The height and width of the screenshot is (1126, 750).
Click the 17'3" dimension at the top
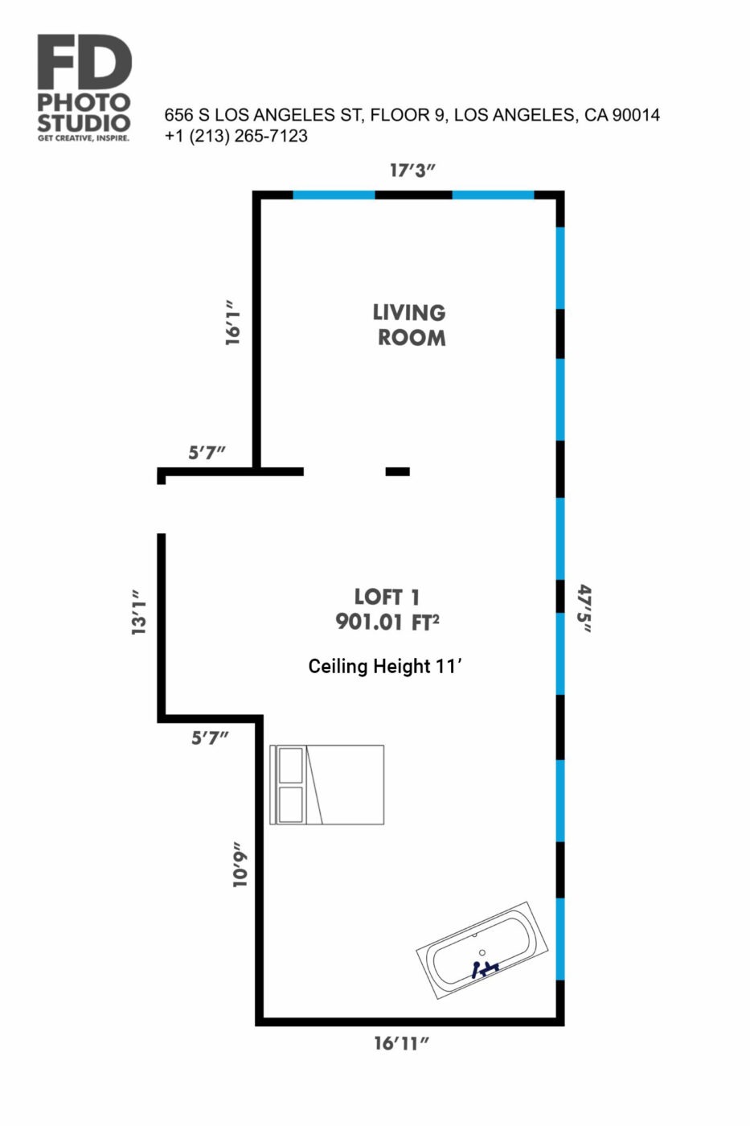pyautogui.click(x=412, y=171)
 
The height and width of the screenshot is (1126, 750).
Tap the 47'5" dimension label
pyautogui.click(x=584, y=608)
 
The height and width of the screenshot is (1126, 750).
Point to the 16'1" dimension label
pyautogui.click(x=232, y=323)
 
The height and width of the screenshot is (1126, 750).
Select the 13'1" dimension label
pyautogui.click(x=138, y=612)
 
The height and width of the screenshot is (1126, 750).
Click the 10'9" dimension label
pyautogui.click(x=240, y=865)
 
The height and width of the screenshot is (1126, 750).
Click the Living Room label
pyautogui.click(x=409, y=325)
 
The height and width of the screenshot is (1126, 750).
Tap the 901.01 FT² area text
pyautogui.click(x=387, y=623)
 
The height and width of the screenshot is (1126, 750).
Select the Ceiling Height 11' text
pyautogui.click(x=385, y=667)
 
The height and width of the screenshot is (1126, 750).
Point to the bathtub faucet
pyautogui.click(x=484, y=968)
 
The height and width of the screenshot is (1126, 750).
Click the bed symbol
pyautogui.click(x=327, y=785)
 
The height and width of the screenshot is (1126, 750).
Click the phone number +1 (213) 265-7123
pyautogui.click(x=236, y=136)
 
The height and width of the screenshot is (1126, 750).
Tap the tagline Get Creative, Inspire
pyautogui.click(x=84, y=138)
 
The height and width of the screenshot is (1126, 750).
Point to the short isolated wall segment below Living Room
pyautogui.click(x=397, y=471)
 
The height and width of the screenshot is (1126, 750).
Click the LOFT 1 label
pyautogui.click(x=387, y=597)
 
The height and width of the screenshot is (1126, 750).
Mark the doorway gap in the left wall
pyautogui.click(x=162, y=508)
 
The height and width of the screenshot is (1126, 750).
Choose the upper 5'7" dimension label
pyautogui.click(x=207, y=453)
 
